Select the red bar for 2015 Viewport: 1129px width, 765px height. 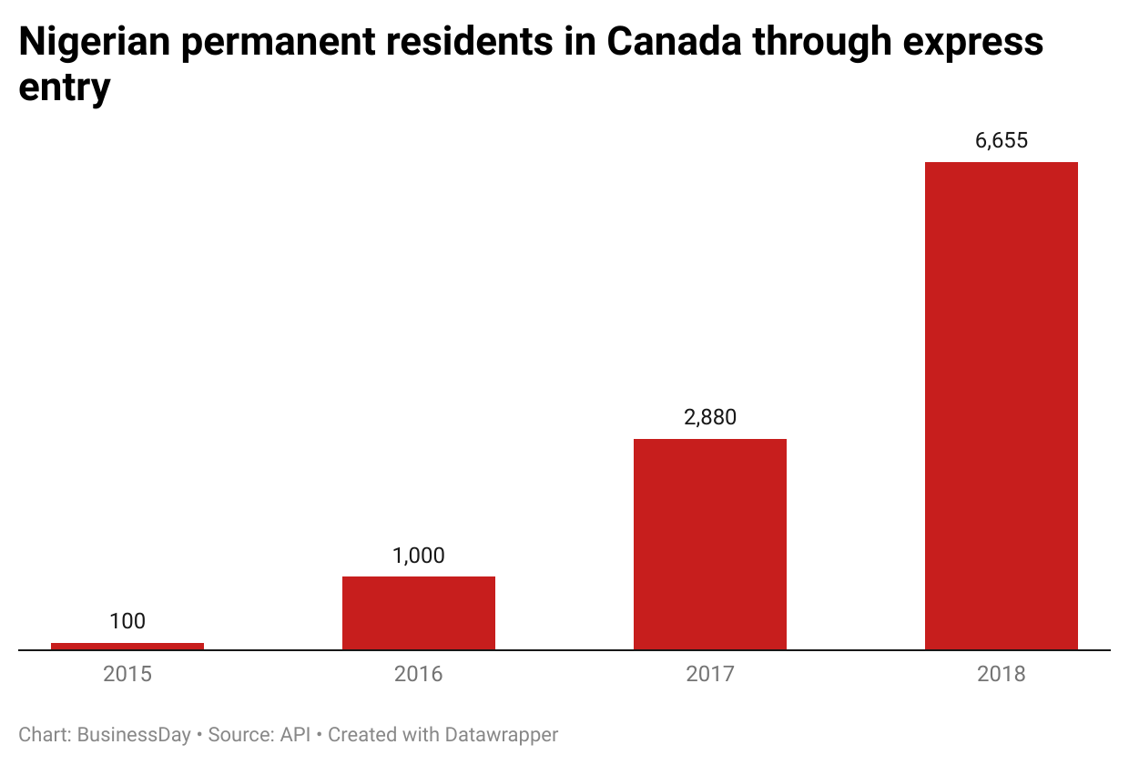pos(127,646)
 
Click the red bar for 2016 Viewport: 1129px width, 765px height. pos(419,613)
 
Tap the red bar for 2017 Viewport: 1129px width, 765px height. pos(710,544)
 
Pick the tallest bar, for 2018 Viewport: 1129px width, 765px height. pos(1002,405)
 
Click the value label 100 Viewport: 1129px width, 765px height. pos(127,621)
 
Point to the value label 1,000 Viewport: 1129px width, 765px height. pos(419,556)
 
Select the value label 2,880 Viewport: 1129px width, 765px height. pos(710,417)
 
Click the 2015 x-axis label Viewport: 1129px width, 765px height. pos(127,674)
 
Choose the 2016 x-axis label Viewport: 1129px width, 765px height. pos(419,674)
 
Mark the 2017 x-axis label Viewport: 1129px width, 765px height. pos(710,674)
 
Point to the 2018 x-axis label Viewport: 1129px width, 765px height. pos(1002,674)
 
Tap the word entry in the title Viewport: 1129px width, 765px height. pos(65,89)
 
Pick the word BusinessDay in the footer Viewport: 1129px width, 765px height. pos(134,734)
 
